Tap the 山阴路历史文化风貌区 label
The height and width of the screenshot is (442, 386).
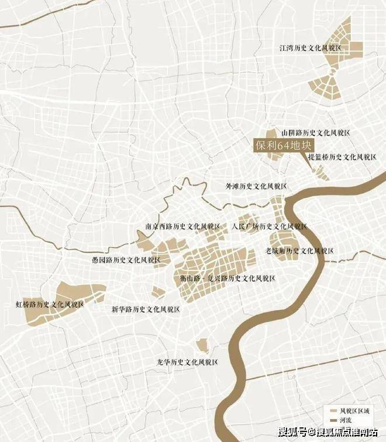(x=315, y=133)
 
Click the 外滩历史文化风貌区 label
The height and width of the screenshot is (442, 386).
(x=257, y=186)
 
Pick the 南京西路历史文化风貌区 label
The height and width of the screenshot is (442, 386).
(x=182, y=226)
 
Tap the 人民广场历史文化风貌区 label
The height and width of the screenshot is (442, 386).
(x=269, y=226)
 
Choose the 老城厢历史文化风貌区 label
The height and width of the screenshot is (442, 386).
(x=299, y=251)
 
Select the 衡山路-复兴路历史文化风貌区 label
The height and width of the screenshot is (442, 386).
(x=228, y=279)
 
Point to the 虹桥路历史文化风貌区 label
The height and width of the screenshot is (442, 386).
(x=50, y=304)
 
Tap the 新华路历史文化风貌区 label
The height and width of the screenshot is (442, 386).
(x=146, y=309)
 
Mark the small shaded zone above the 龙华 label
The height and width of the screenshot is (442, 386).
(x=202, y=345)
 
